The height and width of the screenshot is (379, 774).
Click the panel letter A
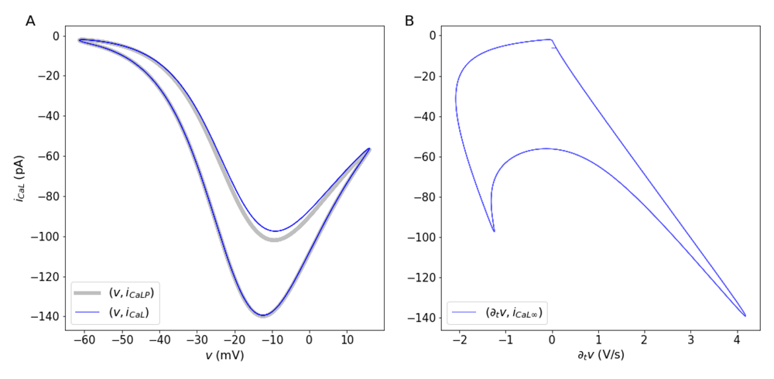30,21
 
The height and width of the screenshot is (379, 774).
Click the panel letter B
409,21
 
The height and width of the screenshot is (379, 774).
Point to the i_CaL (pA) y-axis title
18,178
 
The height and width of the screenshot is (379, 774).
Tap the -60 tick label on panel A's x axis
81,339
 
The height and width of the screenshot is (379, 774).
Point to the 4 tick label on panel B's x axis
736,339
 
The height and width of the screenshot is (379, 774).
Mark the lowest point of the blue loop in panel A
263,316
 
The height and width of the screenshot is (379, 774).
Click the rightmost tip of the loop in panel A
369,149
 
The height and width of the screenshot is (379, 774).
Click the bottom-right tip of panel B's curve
745,316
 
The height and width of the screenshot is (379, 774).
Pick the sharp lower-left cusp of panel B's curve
494,230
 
